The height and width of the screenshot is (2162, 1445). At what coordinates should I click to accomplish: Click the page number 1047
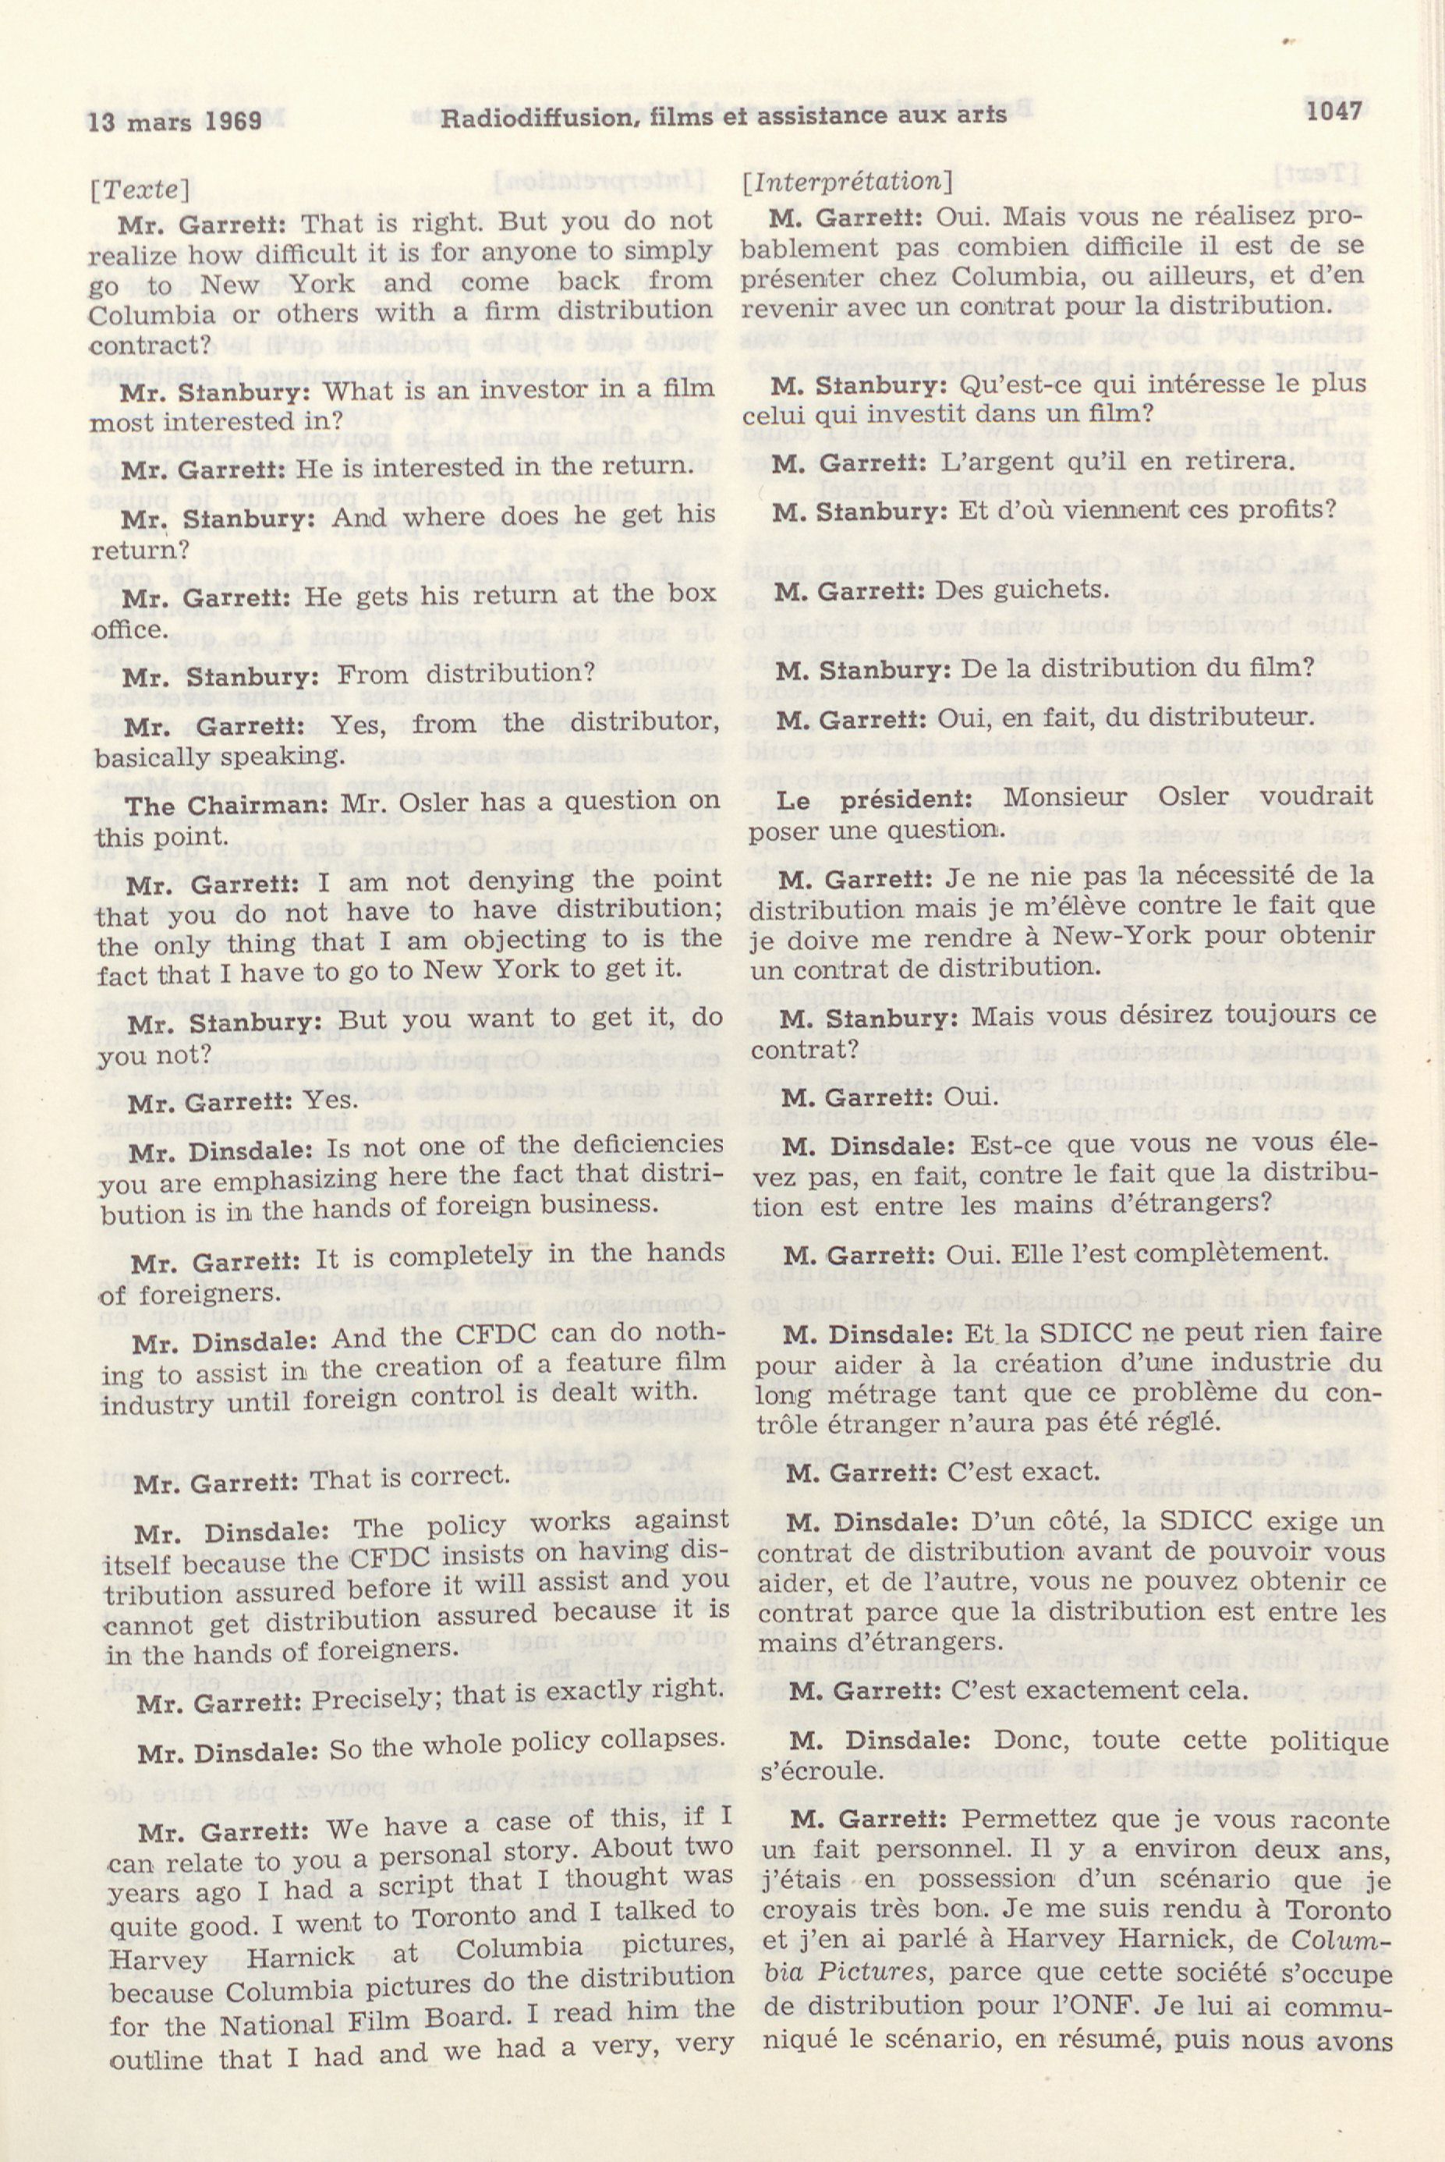[1333, 112]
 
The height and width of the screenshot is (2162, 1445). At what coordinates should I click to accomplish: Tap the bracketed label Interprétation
[847, 182]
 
